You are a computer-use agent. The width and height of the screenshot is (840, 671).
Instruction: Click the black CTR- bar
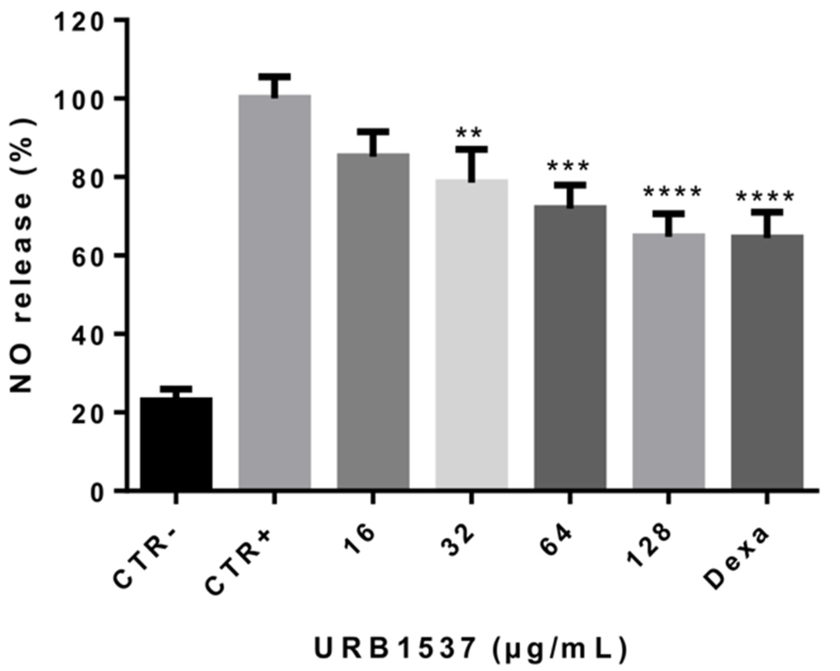(x=176, y=443)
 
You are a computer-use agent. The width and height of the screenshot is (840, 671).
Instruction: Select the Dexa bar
(x=767, y=362)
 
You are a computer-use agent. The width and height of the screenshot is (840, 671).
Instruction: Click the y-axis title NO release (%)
(x=21, y=256)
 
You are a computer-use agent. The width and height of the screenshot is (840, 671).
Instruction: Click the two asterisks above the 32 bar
(x=469, y=133)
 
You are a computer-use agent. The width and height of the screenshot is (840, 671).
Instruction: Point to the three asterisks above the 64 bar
(x=568, y=166)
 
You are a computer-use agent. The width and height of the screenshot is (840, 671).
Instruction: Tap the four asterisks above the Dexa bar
(x=765, y=197)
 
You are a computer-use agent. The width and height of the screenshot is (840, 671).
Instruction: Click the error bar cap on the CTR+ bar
(x=274, y=77)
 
